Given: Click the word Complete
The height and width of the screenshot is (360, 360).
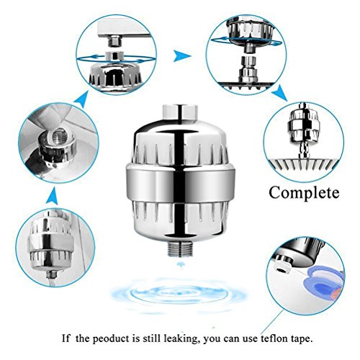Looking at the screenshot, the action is [x=304, y=193].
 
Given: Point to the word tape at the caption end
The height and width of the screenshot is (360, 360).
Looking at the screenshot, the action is [x=302, y=339].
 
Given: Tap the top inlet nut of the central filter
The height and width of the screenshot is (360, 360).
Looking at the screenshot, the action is [x=180, y=112].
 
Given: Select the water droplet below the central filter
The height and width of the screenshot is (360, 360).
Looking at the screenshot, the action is [x=180, y=264].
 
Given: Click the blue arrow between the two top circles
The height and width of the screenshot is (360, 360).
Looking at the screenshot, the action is [x=181, y=57].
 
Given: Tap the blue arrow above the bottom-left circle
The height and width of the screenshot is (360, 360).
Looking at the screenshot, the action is [x=53, y=196].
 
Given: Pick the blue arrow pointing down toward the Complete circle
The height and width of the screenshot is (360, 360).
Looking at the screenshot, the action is [x=280, y=92].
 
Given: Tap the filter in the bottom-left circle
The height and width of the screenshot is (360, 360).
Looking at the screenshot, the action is [x=50, y=243].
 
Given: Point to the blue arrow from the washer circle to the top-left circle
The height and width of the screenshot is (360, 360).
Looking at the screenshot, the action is [x=81, y=100].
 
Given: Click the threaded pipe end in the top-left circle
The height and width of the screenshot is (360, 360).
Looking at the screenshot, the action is [x=114, y=41].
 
